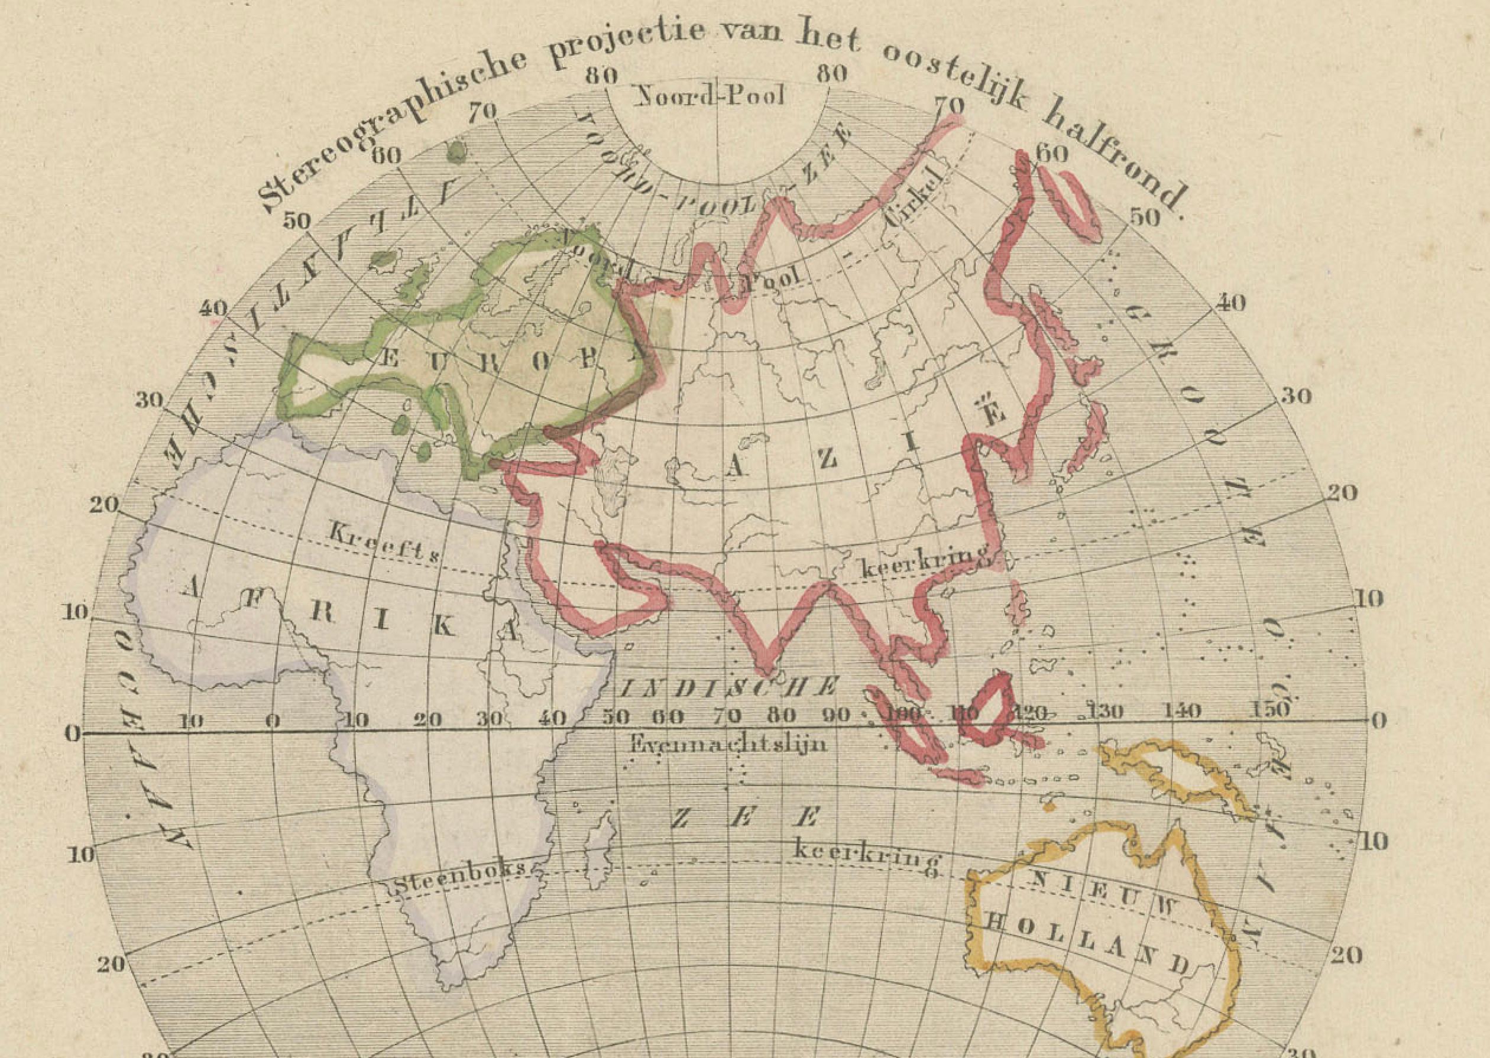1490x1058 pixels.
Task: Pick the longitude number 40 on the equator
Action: pyautogui.click(x=552, y=719)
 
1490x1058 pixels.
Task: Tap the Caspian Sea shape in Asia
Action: pyautogui.click(x=613, y=485)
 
